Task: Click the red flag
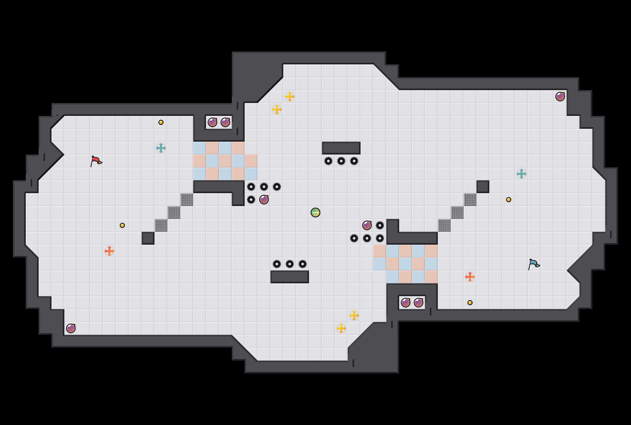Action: tap(96, 161)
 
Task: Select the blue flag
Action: tap(534, 264)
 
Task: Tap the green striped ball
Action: tap(315, 212)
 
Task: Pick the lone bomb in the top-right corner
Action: tap(560, 97)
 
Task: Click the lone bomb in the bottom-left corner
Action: tap(71, 328)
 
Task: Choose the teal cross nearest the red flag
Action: tap(161, 148)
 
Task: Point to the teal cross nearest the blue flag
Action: tap(522, 174)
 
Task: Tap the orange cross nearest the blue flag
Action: tap(470, 277)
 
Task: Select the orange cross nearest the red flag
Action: tap(109, 251)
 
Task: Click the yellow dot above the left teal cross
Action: tap(161, 122)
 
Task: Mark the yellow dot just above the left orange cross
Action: tap(122, 225)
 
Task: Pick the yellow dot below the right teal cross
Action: tap(509, 200)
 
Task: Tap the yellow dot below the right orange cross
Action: tap(470, 303)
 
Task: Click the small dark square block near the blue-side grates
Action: tap(483, 187)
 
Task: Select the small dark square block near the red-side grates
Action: tap(148, 238)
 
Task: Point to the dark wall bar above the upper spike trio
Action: tap(341, 148)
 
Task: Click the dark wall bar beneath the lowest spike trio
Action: tap(290, 277)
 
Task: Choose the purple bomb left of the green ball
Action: tap(264, 200)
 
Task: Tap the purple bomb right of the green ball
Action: tap(367, 225)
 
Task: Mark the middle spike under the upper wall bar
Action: tap(341, 161)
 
